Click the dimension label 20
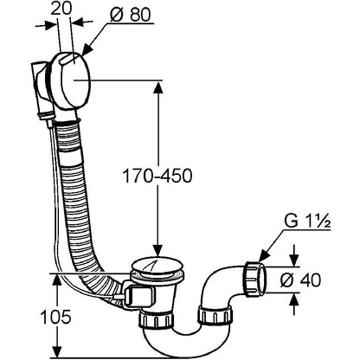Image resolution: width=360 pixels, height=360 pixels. point(61,9)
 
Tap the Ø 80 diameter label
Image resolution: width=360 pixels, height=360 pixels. point(131,15)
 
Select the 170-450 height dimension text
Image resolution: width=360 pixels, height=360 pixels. point(157,176)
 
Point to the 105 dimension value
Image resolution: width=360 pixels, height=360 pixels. point(55,318)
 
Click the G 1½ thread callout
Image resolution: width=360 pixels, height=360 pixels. point(307,222)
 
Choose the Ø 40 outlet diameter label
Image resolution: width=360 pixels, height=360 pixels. point(300,280)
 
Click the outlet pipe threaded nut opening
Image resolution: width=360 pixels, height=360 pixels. point(261,279)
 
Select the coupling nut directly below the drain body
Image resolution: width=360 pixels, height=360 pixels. point(157,319)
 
